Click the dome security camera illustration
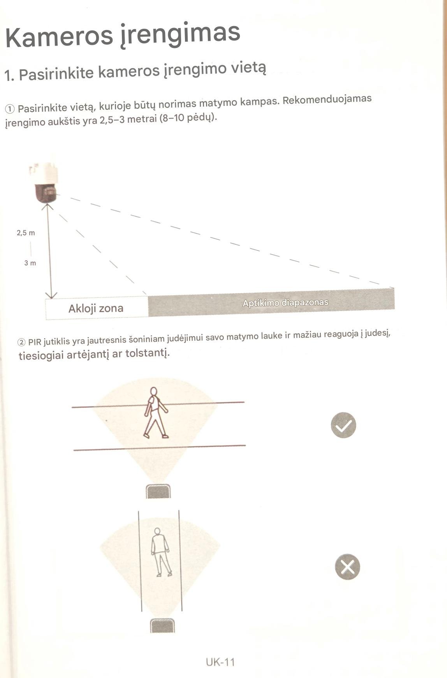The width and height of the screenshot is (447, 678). tap(44, 182)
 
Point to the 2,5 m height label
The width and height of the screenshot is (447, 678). tap(26, 233)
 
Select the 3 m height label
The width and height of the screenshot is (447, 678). tap(30, 263)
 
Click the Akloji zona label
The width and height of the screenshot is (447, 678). tap(96, 309)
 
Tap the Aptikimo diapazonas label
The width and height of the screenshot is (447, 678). tap(285, 303)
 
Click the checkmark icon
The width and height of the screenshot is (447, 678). tap(343, 425)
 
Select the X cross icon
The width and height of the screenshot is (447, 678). tap(347, 567)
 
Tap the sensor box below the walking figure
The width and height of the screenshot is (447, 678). tap(158, 491)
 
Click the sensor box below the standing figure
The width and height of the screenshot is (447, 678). tap(162, 626)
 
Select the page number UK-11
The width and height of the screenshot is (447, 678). tap(220, 662)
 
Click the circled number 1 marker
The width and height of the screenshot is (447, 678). tap(11, 108)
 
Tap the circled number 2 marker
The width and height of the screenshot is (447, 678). tap(22, 343)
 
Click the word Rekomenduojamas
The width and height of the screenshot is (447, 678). tap(327, 100)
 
